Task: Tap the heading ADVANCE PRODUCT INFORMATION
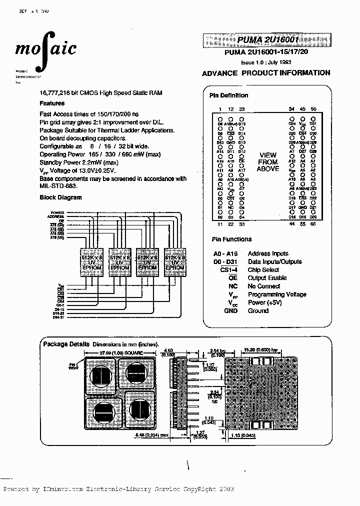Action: click(265, 73)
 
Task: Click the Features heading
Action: click(52, 103)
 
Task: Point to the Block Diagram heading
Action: click(60, 197)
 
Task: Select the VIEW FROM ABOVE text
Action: click(268, 162)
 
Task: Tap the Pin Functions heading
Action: click(231, 239)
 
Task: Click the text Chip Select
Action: click(263, 270)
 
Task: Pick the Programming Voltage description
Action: click(276, 294)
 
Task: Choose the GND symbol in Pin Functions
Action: click(230, 311)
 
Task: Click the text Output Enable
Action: click(267, 278)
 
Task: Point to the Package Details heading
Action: click(66, 344)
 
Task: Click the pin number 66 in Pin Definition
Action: click(313, 224)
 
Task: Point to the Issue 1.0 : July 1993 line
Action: click(266, 63)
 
